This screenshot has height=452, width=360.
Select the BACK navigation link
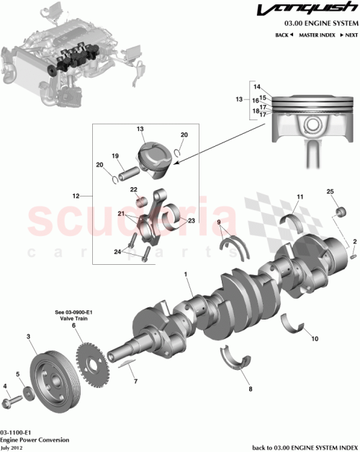pyautogui.click(x=283, y=35)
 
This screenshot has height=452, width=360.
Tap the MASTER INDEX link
pyautogui.click(x=315, y=35)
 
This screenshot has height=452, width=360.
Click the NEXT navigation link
pyautogui.click(x=350, y=35)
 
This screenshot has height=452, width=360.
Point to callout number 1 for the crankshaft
pyautogui.click(x=185, y=274)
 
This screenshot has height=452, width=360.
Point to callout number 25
pyautogui.click(x=330, y=191)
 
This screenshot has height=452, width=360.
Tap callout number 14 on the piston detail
pyautogui.click(x=256, y=86)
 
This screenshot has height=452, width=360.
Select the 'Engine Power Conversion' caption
pyautogui.click(x=34, y=438)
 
